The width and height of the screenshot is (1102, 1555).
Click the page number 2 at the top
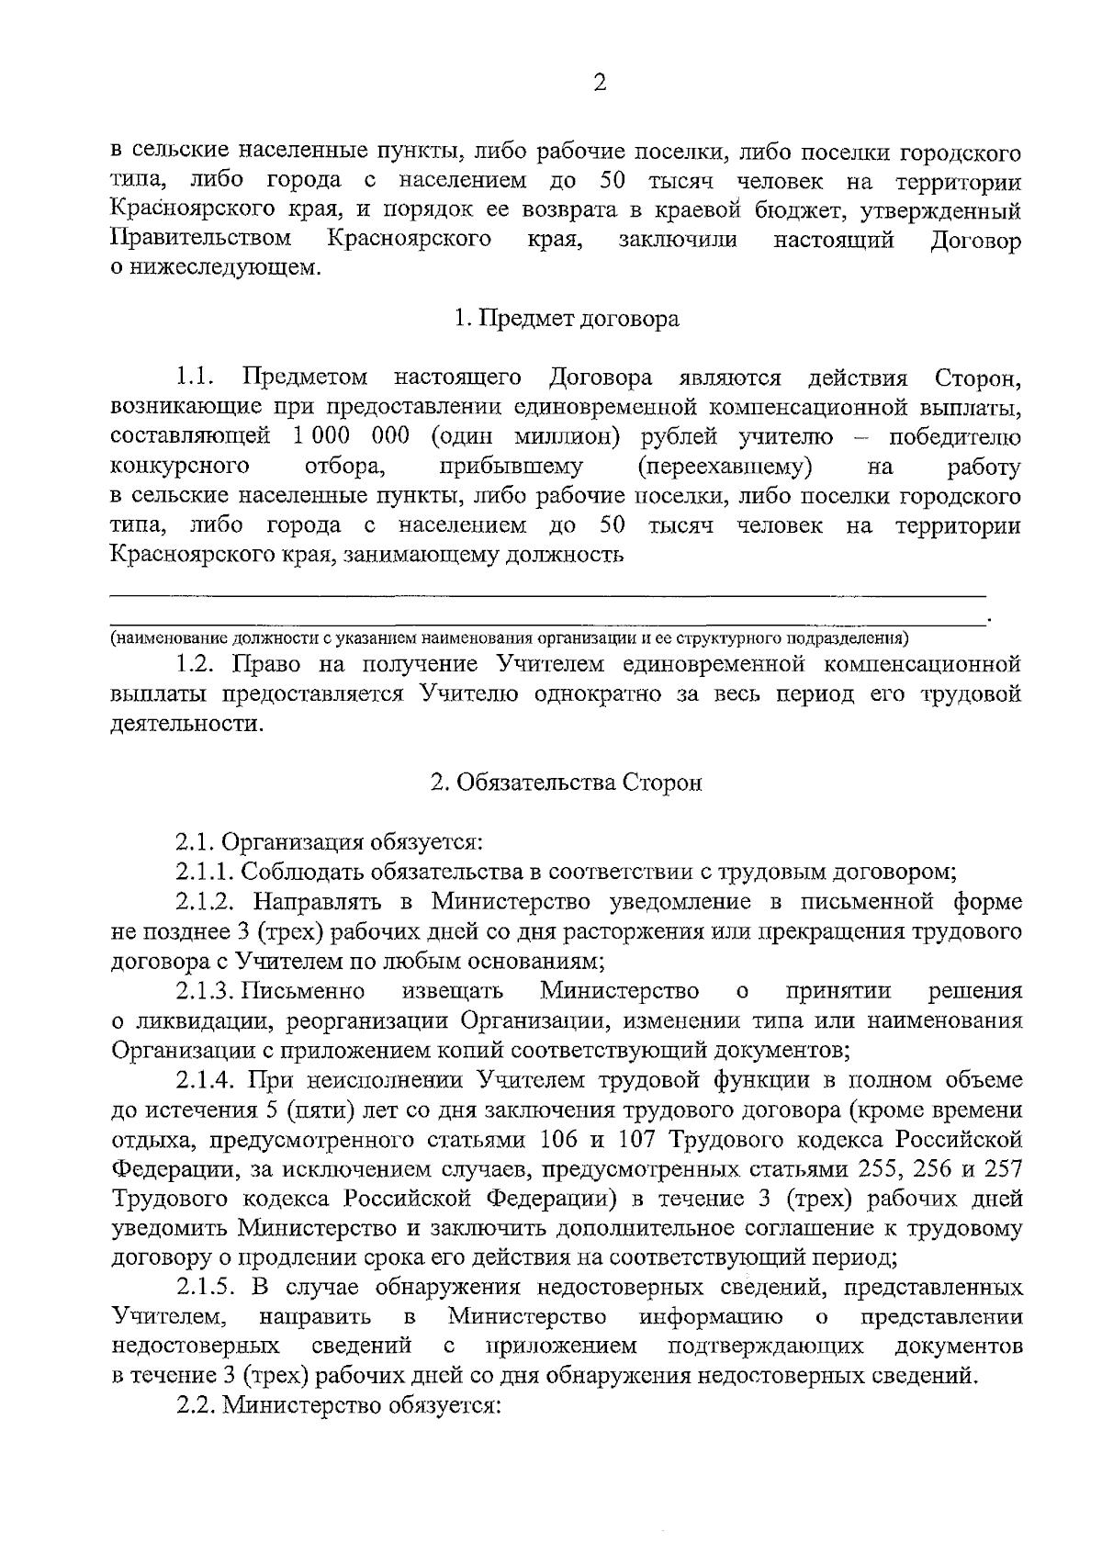coord(601,84)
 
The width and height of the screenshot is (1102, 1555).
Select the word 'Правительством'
coord(201,240)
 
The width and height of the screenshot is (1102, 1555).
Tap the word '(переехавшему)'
coord(725,467)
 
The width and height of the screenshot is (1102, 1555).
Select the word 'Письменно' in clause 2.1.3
coord(318,990)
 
